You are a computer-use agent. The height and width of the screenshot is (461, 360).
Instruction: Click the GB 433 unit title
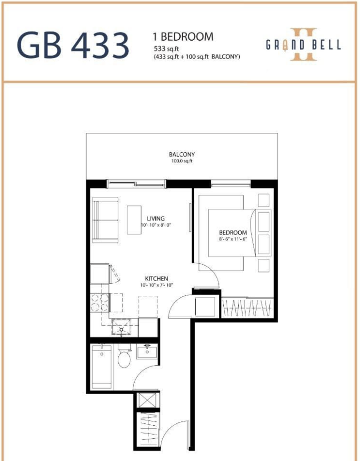click(73, 45)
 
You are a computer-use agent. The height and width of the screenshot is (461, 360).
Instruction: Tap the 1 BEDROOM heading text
click(183, 37)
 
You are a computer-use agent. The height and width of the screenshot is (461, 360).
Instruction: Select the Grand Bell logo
click(304, 45)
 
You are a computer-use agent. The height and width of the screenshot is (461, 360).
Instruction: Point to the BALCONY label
click(182, 154)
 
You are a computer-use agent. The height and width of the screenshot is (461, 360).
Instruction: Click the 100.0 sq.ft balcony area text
click(182, 161)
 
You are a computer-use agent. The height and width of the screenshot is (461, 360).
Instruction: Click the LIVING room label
click(155, 219)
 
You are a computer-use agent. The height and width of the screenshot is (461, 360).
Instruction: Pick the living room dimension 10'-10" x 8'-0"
click(155, 225)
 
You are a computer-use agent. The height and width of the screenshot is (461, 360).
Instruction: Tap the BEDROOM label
click(233, 232)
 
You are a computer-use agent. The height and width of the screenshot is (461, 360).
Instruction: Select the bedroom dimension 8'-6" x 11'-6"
click(233, 239)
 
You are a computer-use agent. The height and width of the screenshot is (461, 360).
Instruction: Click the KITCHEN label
click(156, 279)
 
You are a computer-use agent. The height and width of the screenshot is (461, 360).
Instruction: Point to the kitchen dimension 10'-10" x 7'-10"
click(156, 285)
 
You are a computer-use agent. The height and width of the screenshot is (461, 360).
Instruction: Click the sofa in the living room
click(105, 220)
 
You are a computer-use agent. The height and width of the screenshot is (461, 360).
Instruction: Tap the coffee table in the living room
click(134, 220)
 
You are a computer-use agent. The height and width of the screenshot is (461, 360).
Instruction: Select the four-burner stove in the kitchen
click(100, 302)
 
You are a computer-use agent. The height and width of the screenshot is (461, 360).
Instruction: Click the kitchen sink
click(121, 327)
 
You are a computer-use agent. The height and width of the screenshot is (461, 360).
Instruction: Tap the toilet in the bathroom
click(124, 356)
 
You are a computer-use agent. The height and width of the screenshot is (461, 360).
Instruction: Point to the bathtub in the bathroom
click(102, 367)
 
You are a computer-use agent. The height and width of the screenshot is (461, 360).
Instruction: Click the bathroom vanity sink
click(147, 351)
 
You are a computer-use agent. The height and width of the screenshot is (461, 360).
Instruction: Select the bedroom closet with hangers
click(247, 308)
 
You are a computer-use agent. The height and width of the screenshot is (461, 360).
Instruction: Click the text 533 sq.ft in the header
click(166, 49)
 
